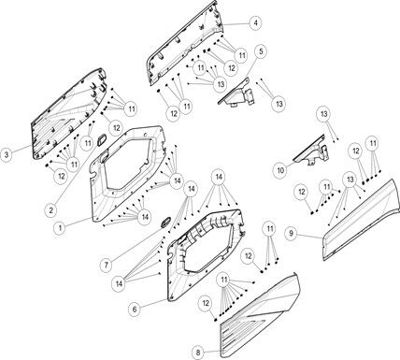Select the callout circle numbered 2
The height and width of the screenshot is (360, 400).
click(x=50, y=209)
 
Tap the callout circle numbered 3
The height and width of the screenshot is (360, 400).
click(x=7, y=154)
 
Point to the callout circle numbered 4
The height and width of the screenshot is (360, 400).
click(x=255, y=23)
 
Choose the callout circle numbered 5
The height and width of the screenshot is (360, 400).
click(x=261, y=50)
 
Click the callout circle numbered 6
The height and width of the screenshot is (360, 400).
click(x=135, y=310)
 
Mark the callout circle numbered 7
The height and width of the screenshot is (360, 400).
click(x=107, y=265)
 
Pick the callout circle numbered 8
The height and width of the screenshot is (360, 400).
click(x=198, y=353)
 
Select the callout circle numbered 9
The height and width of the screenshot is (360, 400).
click(x=291, y=233)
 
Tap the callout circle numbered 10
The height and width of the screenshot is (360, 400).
click(x=280, y=170)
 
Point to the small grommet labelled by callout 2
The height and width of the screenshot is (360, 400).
click(x=102, y=139)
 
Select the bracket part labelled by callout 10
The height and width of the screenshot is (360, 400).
click(x=311, y=151)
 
